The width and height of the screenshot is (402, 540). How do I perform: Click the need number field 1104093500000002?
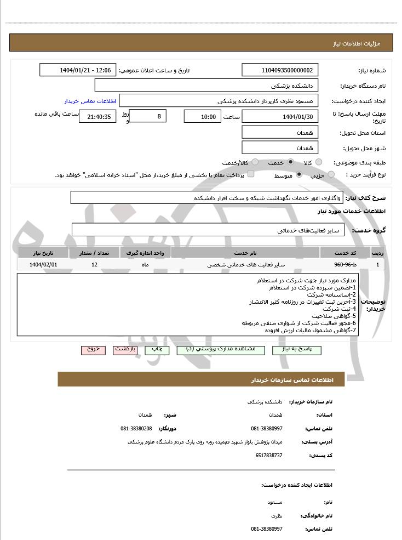pos(280,70)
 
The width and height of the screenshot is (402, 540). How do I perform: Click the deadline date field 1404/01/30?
pos(280,116)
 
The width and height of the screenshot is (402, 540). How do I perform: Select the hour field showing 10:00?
pos(203,116)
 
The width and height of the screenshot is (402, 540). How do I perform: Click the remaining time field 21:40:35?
pos(97,116)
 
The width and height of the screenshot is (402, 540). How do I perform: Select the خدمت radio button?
pos(290,163)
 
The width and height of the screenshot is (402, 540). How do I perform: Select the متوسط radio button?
pos(299,175)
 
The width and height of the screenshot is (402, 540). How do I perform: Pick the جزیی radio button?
pos(334,175)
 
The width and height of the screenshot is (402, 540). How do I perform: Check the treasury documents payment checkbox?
pos(251,174)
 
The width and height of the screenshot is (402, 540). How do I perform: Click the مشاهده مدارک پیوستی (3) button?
pos(220,349)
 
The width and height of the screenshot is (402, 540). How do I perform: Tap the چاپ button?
pos(157,349)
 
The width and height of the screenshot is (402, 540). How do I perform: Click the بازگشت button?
pos(125,349)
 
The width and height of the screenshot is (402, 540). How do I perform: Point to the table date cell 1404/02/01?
pos(43,264)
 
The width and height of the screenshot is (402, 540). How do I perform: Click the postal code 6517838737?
pos(269,455)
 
